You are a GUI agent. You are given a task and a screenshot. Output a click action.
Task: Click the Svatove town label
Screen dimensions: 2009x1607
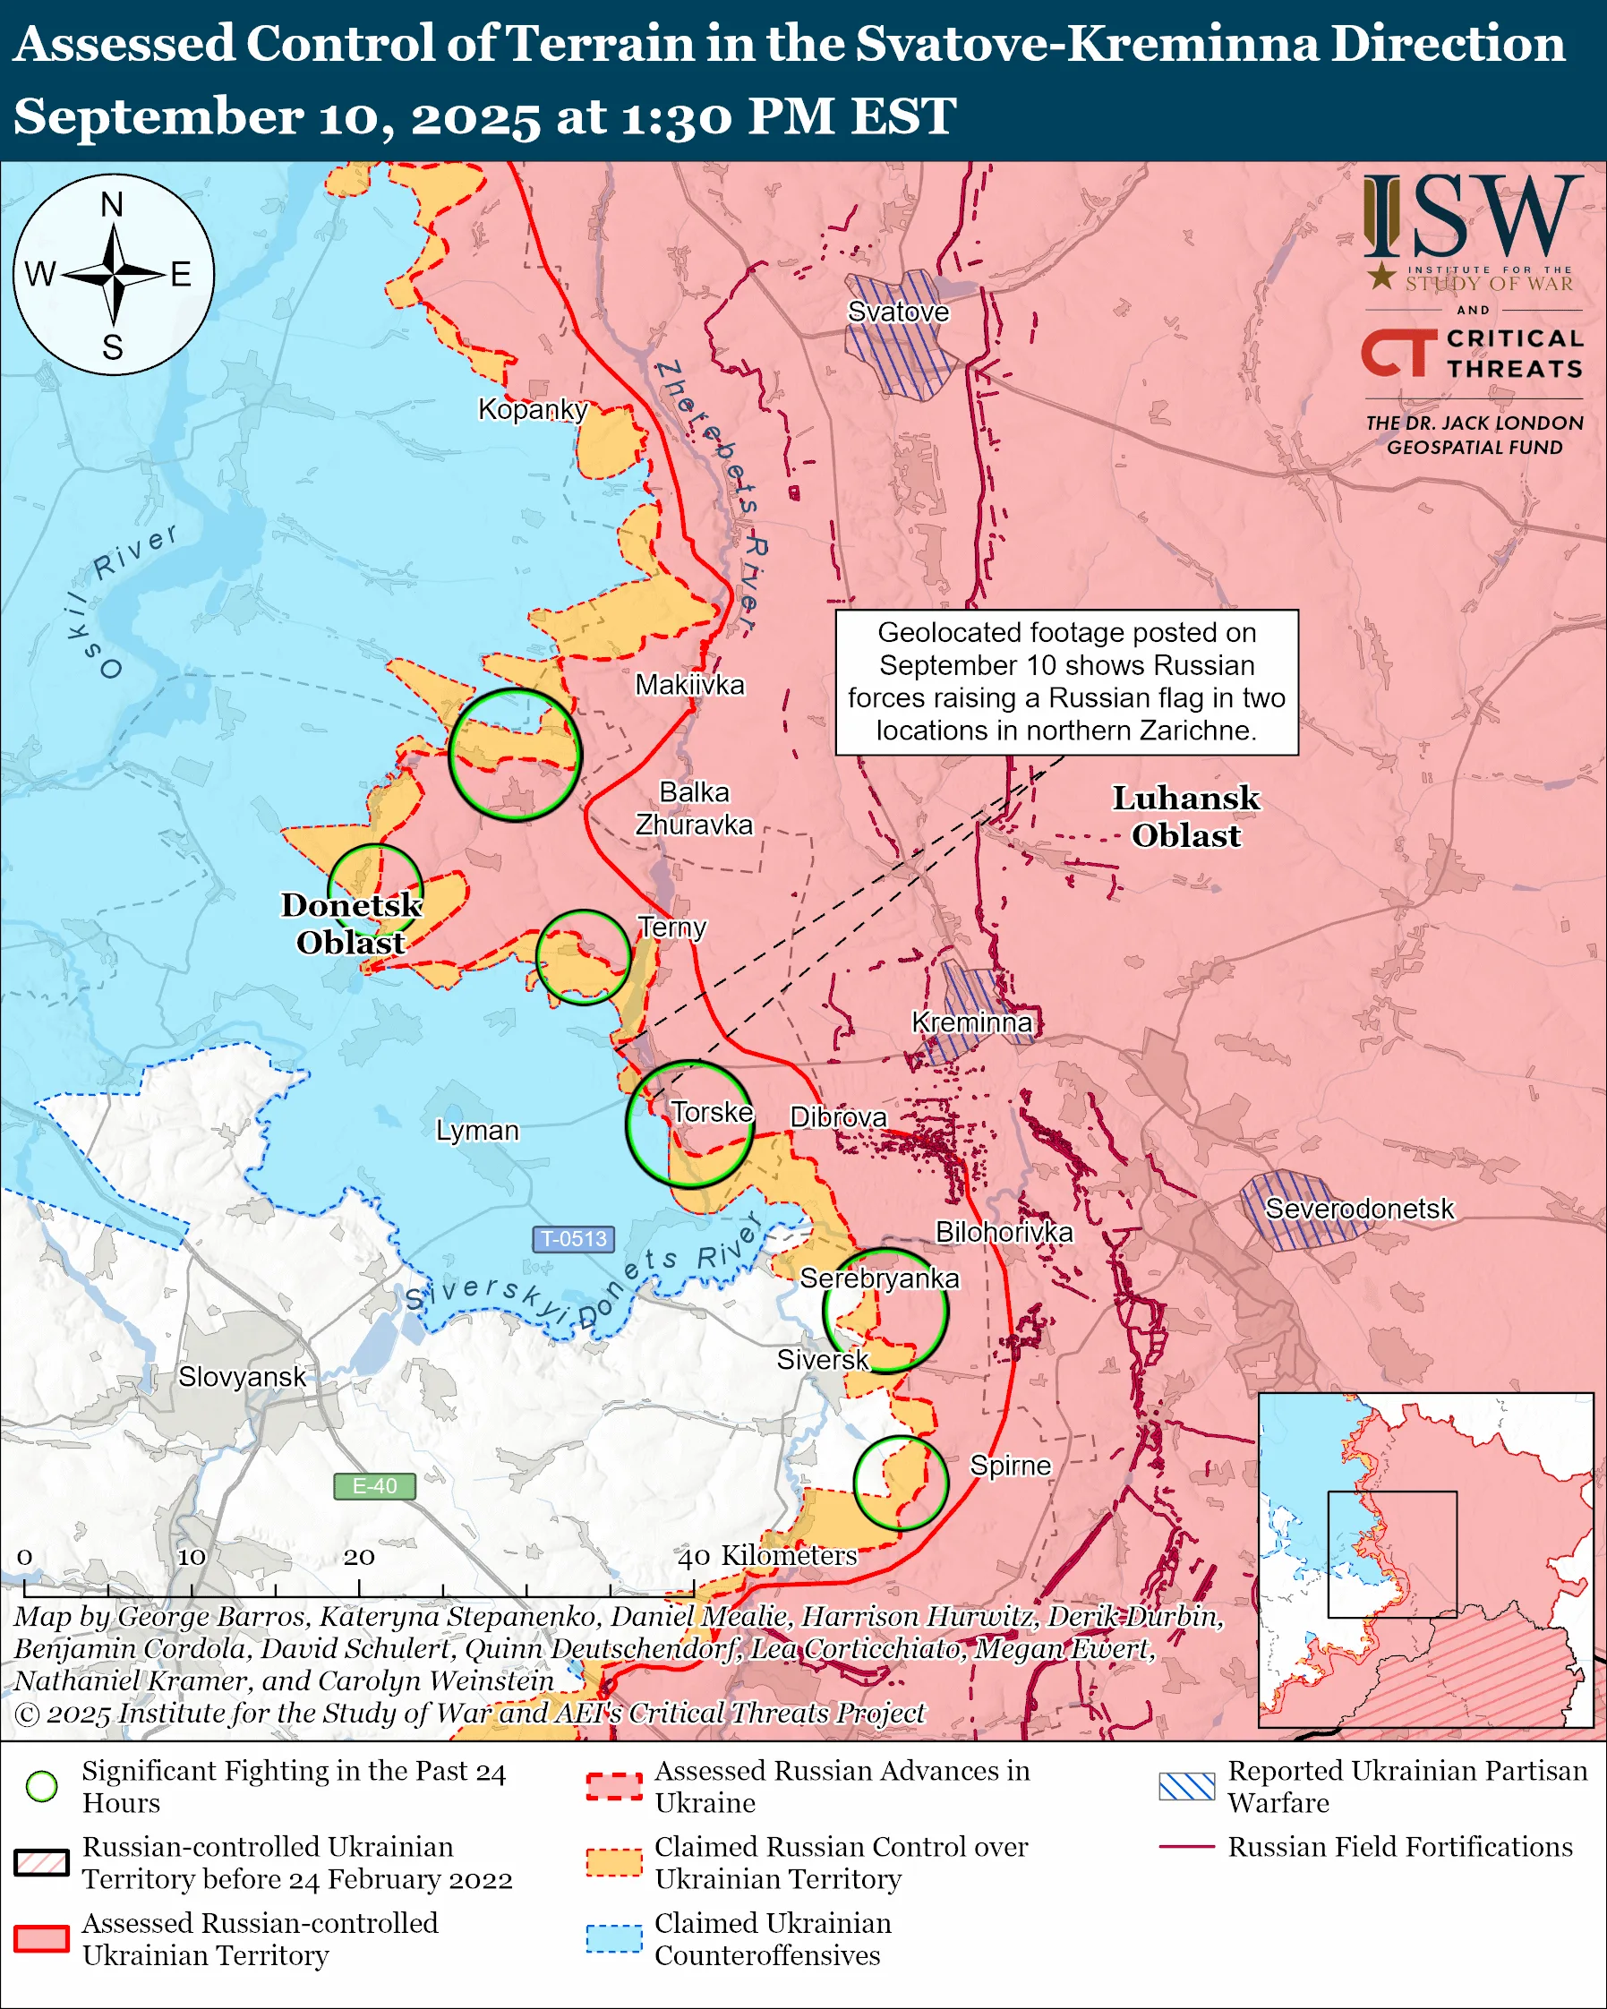898,312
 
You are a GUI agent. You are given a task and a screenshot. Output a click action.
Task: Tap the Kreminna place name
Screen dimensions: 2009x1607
971,1022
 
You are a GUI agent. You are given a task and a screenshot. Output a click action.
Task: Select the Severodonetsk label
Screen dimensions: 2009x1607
1358,1209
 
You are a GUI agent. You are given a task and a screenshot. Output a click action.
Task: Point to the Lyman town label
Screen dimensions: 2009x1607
477,1131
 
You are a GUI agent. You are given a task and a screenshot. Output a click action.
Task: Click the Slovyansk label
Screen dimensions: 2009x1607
242,1376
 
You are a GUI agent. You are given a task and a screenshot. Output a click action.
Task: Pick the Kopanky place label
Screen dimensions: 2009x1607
532,409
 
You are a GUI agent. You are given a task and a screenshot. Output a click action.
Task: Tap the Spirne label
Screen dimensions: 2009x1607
1010,1465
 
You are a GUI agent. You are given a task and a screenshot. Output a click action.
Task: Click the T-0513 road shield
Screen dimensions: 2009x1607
574,1238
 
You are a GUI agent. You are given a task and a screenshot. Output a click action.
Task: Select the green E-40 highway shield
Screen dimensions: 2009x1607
374,1485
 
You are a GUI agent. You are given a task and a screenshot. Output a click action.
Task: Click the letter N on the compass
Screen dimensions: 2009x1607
112,204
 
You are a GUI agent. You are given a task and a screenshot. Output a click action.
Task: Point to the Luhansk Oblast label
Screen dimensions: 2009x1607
1186,816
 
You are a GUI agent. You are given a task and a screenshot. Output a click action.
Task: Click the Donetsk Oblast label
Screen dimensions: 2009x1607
351,923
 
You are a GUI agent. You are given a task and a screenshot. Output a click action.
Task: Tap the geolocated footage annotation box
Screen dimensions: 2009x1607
1065,682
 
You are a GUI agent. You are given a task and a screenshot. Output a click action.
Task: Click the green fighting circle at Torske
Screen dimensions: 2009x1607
689,1124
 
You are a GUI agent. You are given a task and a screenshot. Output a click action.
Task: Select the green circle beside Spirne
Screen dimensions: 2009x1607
901,1483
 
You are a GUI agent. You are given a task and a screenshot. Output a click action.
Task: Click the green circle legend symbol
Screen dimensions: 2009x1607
42,1786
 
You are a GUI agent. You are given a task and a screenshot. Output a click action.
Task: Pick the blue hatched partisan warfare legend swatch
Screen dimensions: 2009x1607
1187,1786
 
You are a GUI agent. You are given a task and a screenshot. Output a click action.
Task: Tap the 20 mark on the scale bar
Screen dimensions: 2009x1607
359,1557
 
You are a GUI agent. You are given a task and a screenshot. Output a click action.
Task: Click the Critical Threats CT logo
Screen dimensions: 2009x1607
1398,352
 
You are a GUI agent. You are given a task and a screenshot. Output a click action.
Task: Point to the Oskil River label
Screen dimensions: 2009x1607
121,596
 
